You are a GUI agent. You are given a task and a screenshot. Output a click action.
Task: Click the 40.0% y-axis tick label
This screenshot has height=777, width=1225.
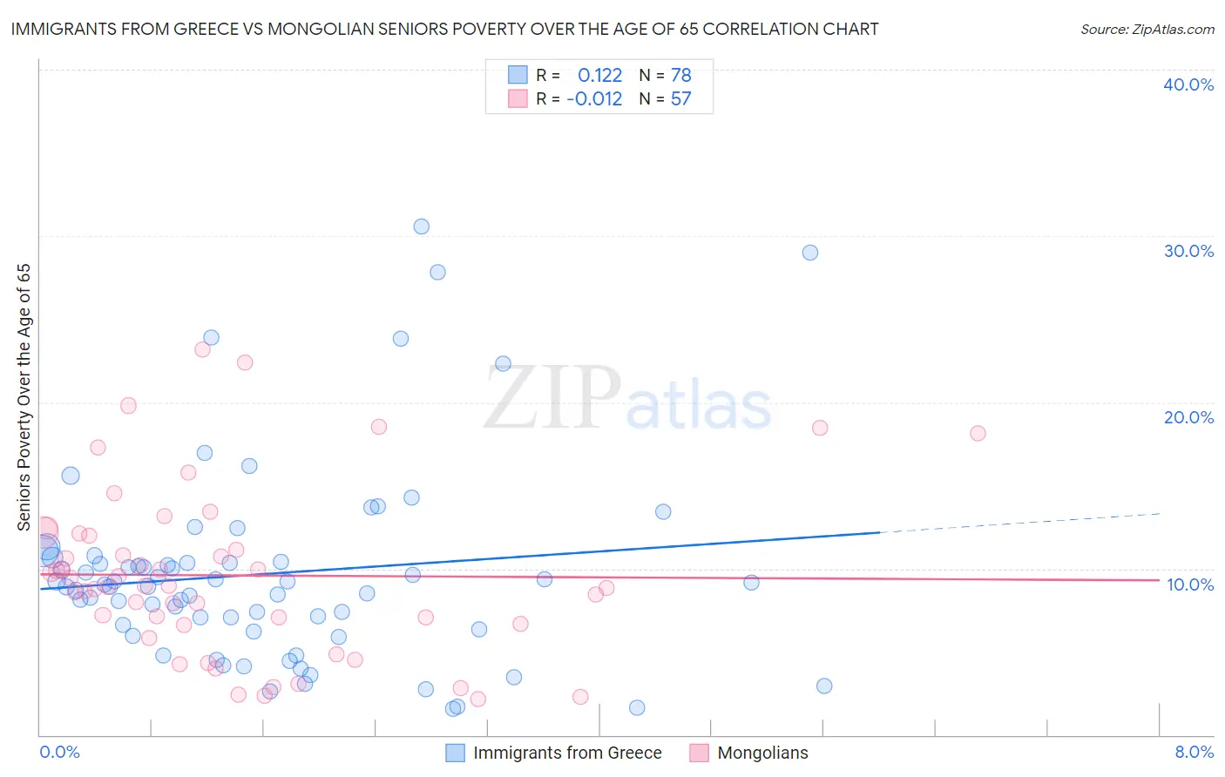click(1188, 84)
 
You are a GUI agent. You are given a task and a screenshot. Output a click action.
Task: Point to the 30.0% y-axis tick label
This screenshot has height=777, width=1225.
click(1188, 251)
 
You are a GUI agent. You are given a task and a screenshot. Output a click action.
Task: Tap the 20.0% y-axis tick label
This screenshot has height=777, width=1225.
click(1188, 417)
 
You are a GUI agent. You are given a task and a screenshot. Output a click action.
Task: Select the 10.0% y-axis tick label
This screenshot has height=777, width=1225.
click(1190, 584)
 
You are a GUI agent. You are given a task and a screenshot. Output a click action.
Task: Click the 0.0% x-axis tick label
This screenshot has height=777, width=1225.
click(59, 752)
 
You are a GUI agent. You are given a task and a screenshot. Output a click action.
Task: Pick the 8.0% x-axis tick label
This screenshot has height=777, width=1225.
click(1194, 752)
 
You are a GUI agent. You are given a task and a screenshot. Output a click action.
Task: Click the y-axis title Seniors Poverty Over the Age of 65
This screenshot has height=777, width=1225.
click(24, 397)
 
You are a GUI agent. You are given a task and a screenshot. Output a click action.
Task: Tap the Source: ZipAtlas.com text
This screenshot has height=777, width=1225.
click(1147, 30)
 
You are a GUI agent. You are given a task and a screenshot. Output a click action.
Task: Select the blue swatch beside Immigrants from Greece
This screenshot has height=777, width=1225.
click(455, 753)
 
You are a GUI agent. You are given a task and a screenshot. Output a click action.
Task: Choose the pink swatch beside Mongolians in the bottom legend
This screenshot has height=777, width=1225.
click(699, 753)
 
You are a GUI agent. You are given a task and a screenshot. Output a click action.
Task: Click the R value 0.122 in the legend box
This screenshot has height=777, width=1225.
click(599, 76)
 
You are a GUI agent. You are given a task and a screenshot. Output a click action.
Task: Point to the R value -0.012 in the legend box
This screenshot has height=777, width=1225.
click(594, 99)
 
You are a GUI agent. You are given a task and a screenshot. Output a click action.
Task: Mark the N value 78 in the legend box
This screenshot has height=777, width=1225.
click(680, 76)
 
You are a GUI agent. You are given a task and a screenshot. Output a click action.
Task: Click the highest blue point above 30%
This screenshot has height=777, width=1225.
click(422, 226)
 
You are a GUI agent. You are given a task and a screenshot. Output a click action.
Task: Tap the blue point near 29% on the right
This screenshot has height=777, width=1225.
click(810, 253)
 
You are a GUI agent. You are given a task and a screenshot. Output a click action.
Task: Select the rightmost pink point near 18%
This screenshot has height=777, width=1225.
click(978, 433)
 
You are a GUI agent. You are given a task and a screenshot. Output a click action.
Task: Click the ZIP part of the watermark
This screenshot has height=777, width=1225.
click(552, 398)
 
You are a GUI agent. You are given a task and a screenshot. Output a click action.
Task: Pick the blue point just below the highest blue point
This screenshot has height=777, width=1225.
click(437, 273)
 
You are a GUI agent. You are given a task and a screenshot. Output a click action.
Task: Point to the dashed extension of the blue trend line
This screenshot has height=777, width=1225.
click(1019, 523)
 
